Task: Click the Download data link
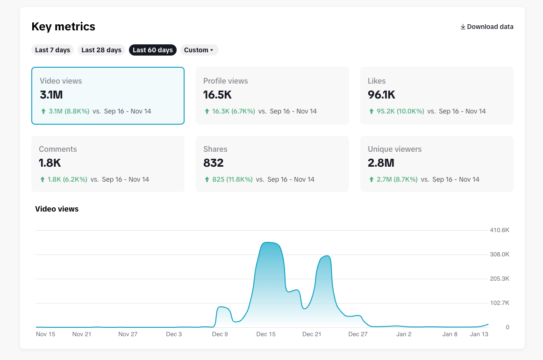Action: [486, 27]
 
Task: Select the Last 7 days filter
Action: [53, 50]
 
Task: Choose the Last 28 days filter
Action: [101, 50]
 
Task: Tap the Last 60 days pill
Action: [153, 50]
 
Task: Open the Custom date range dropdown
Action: [199, 50]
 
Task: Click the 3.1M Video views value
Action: [51, 94]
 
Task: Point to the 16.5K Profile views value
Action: [217, 94]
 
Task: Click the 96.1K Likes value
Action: [381, 94]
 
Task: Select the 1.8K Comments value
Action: [50, 162]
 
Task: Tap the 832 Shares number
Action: [213, 162]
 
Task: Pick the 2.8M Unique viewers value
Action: [381, 162]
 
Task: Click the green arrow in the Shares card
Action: [207, 179]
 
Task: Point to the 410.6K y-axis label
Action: [500, 230]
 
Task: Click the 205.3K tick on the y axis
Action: [500, 279]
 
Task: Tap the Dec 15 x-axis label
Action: [266, 334]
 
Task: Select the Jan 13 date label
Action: [479, 334]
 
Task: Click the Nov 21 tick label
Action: [82, 334]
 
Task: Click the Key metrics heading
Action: [64, 27]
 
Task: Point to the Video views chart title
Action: [57, 209]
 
